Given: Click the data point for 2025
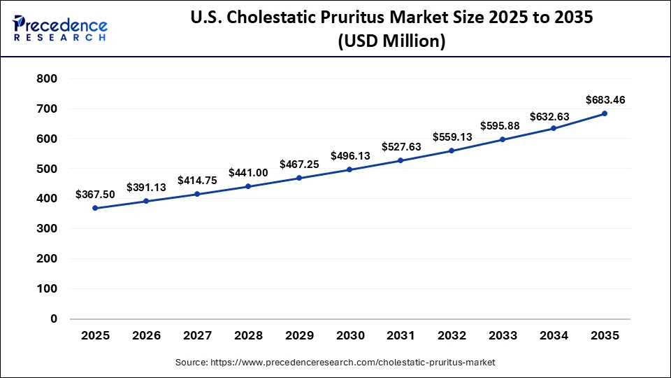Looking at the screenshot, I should pos(95,208).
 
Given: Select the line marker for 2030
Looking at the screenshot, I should pos(349,169).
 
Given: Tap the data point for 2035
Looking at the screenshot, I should pos(605,113).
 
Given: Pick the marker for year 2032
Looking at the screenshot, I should pos(452,150).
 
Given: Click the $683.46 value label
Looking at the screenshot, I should pos(605,100).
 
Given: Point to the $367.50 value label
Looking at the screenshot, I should pos(95,195).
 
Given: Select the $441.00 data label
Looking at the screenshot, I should pos(247,172).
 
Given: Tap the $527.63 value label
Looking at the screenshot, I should pos(401,146).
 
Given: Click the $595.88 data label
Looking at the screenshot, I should pos(503,126).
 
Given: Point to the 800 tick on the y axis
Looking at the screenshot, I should pos(46,79).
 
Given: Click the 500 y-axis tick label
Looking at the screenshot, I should pos(46,169).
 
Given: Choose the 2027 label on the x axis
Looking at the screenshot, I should pos(197,335).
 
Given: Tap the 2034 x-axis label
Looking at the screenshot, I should pos(554,335).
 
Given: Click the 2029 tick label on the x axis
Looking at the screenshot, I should pos(299,335).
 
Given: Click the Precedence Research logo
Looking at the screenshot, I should pos(60,29).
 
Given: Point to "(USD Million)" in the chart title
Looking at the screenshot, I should pos(391,42).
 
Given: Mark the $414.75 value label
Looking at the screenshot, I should pos(197,180).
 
